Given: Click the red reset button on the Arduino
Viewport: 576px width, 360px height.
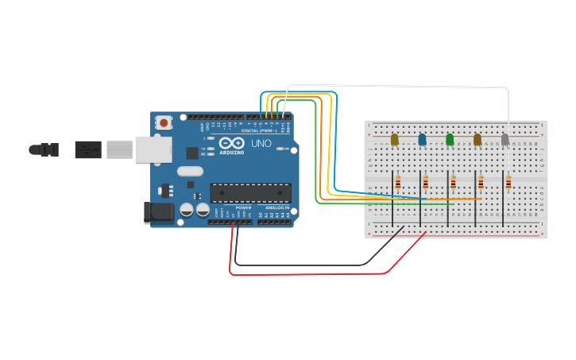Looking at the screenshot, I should pyautogui.click(x=164, y=122).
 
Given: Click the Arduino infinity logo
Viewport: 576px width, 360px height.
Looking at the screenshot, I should pyautogui.click(x=232, y=143).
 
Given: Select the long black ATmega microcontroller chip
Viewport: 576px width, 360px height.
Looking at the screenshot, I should pyautogui.click(x=250, y=192).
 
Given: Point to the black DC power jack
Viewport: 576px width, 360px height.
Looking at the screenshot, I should pyautogui.click(x=157, y=211).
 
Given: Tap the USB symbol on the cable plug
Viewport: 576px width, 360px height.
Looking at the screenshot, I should pyautogui.click(x=87, y=149).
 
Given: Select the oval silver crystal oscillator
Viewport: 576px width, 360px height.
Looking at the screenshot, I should pyautogui.click(x=191, y=171).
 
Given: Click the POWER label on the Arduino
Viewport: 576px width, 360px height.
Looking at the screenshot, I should pyautogui.click(x=243, y=207).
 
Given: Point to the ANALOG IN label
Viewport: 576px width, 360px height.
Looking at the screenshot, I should pyautogui.click(x=277, y=207).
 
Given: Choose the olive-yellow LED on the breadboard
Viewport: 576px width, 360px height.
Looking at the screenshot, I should pyautogui.click(x=394, y=140).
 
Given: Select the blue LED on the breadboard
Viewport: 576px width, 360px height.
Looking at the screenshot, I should pyautogui.click(x=422, y=140).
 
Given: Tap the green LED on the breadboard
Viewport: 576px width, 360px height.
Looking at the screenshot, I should pyautogui.click(x=450, y=140).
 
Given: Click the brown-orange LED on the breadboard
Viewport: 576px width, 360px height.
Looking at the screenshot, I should pyautogui.click(x=477, y=140).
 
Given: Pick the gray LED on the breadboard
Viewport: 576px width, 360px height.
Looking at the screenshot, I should pyautogui.click(x=504, y=140).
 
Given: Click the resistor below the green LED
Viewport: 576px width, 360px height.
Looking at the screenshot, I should pyautogui.click(x=453, y=183).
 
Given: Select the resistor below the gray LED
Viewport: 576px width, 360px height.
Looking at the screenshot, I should pyautogui.click(x=508, y=184).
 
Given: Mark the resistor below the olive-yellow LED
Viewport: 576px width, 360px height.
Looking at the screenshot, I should pyautogui.click(x=398, y=183).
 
